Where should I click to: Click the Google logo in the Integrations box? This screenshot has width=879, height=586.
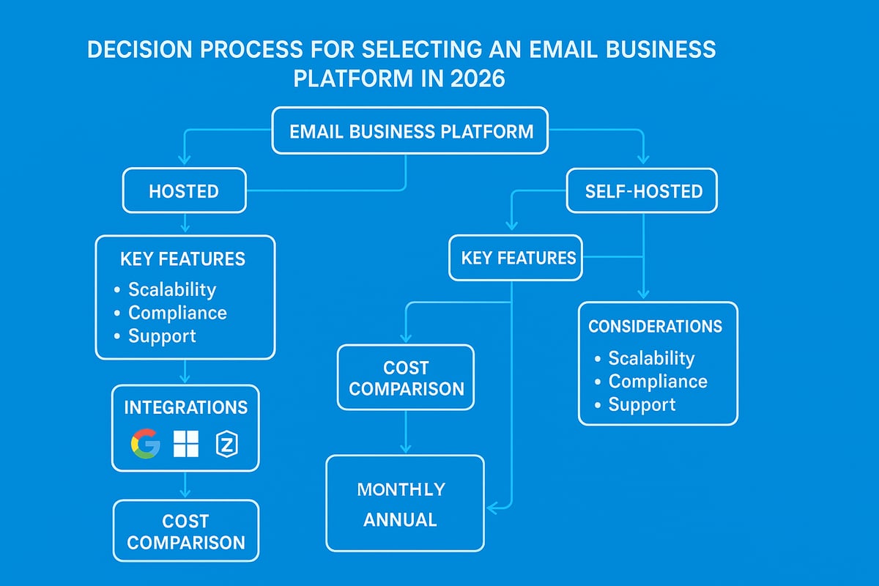144,443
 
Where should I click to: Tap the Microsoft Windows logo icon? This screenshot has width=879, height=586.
185,443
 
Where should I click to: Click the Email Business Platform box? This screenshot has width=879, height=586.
409,132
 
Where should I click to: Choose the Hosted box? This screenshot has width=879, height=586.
183,191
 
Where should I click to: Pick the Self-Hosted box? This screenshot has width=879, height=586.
643,191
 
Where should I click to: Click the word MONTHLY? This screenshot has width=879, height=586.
401,489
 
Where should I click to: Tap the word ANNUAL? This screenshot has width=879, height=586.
400,520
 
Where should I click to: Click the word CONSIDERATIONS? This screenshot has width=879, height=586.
655,327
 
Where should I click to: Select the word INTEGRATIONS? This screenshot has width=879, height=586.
185,407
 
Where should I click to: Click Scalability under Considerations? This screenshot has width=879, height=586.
651,358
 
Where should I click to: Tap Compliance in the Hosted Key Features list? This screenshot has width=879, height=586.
177,313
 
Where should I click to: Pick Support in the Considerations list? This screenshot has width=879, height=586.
642,404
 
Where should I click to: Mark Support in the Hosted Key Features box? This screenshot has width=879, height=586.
162,336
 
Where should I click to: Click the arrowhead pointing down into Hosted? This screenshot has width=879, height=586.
185,159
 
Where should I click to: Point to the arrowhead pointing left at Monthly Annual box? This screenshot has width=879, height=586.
493,505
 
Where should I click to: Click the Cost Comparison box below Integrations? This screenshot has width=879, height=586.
185,531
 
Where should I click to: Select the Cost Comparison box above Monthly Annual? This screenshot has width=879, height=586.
406,378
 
